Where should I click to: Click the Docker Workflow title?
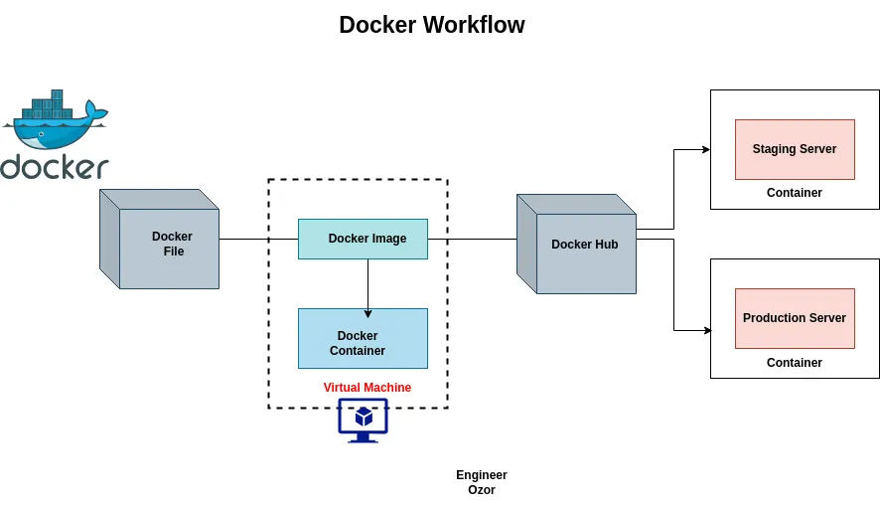coord(431,25)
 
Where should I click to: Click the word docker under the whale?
coord(55,167)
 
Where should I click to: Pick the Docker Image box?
coord(363,239)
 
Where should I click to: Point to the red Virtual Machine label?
coord(367,388)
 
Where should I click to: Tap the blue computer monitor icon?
coord(363,419)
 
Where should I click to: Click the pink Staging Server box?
coord(794,149)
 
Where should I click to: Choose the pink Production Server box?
coord(794,318)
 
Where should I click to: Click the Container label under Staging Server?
coord(794,193)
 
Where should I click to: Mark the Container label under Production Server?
coord(794,363)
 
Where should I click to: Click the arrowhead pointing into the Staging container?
coord(705,149)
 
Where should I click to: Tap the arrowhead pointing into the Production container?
coord(705,329)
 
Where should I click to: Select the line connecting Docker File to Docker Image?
coord(258,239)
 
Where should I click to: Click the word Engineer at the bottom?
coord(481,475)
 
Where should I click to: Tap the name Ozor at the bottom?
coord(481,490)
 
